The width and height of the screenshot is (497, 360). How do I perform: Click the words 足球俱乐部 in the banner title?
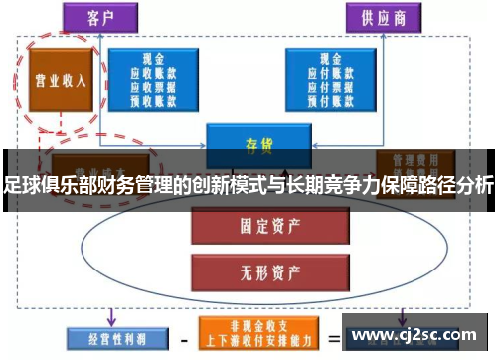[46, 184]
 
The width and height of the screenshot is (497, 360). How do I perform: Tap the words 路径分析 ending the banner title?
[453, 184]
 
